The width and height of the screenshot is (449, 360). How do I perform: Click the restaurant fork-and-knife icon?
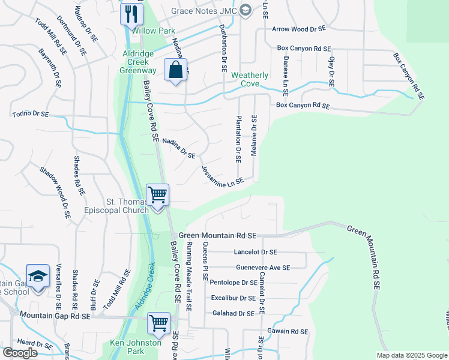131,13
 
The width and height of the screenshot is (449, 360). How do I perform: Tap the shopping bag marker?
175,70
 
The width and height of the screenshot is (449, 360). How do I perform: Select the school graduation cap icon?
38,277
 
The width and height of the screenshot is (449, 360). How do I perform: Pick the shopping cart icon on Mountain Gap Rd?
159,323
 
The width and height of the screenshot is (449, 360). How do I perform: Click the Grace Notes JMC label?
204,10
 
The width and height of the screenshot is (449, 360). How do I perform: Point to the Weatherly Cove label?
250,79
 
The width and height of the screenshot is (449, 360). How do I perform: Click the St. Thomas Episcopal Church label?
127,206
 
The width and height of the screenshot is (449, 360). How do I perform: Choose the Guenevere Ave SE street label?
263,268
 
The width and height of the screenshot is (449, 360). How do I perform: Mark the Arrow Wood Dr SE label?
298,29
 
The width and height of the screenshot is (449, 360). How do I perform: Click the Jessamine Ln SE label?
222,177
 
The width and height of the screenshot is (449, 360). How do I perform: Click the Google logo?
20,353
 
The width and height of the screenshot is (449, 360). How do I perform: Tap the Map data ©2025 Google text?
411,355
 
